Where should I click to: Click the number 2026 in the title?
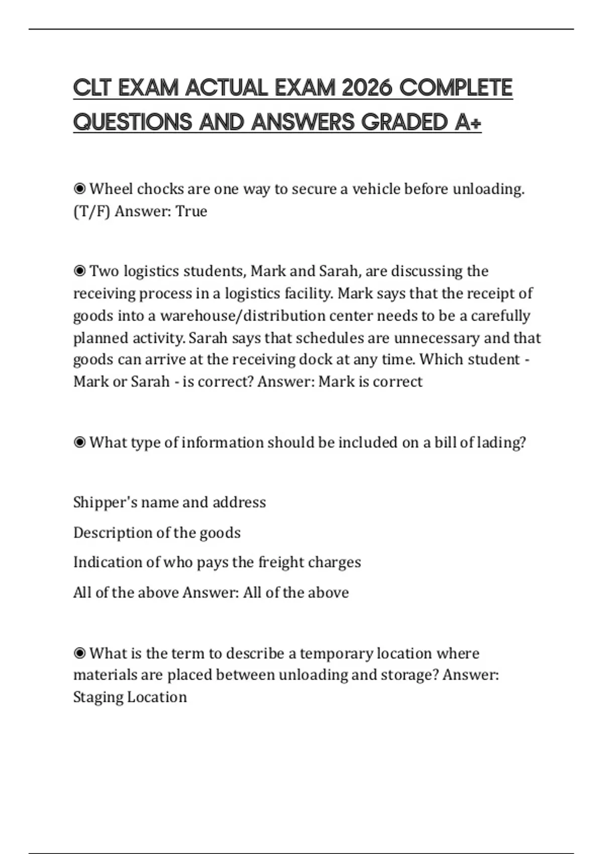point(366,88)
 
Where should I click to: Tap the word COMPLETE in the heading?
point(456,88)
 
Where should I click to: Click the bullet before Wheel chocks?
point(79,189)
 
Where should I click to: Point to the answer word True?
point(191,211)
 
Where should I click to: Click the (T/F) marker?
point(91,211)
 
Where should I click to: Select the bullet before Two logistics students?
point(79,271)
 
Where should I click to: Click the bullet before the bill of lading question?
point(79,443)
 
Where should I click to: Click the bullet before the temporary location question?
point(79,654)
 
